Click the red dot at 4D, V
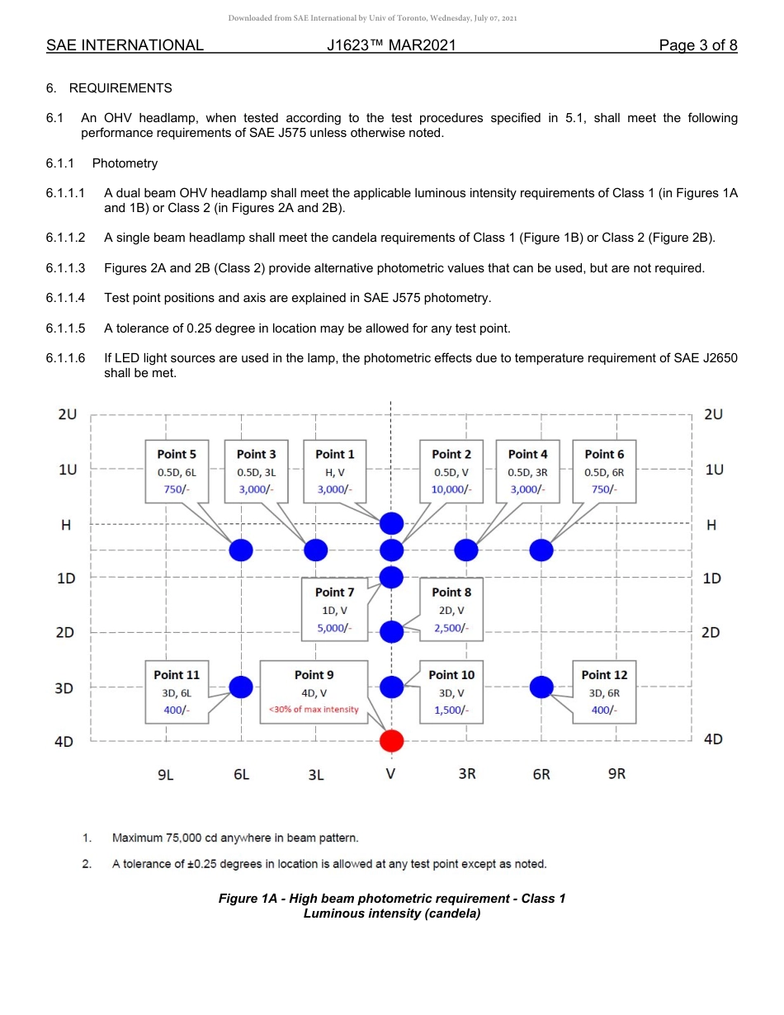(x=391, y=741)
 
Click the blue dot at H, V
(x=391, y=523)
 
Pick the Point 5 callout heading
(x=177, y=454)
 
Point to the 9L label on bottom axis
(x=166, y=774)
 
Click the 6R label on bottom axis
(x=541, y=774)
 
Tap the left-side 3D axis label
(x=65, y=687)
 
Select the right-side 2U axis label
(x=713, y=414)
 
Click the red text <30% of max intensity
(x=314, y=710)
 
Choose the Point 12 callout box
(x=604, y=692)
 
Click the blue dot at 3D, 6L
(x=241, y=687)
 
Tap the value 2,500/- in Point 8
(x=451, y=628)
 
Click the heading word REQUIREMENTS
(x=120, y=88)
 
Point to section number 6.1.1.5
(x=66, y=328)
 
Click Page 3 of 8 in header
(x=697, y=45)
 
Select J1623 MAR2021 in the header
(x=391, y=45)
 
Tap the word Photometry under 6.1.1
(x=125, y=163)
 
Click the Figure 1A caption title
(x=391, y=898)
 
